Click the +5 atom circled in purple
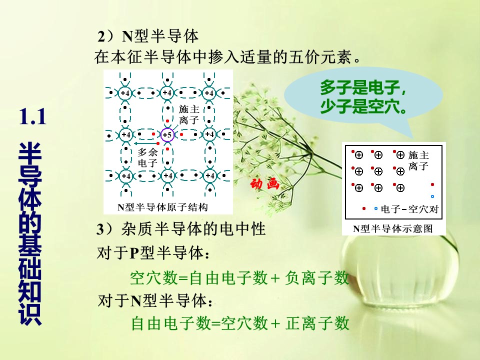point(167,134)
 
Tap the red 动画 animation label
point(265,183)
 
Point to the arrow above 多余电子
point(145,143)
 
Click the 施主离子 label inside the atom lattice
point(189,114)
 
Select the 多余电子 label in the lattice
point(147,157)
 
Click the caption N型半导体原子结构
point(162,207)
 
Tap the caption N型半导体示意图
point(393,228)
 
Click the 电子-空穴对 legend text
point(409,209)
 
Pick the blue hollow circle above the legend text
point(432,196)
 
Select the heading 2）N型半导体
point(148,36)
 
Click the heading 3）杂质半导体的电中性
point(181,229)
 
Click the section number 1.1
point(32,117)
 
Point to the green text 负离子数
point(317,277)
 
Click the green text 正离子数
point(317,323)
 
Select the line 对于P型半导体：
point(153,253)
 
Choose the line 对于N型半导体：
point(155,300)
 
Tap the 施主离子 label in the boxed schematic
point(418,160)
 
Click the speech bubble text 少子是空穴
point(363,106)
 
